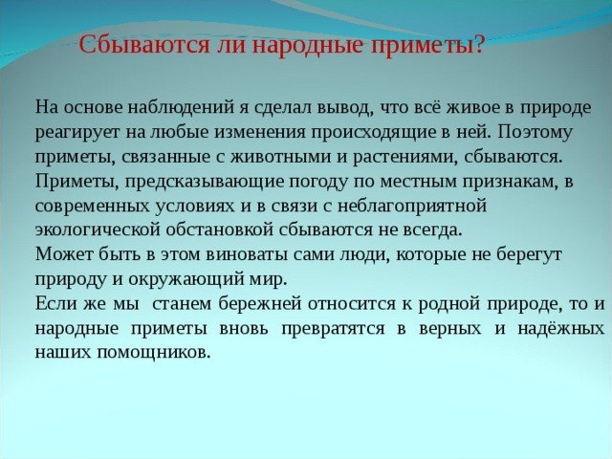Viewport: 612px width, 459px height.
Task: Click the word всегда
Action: (x=431, y=229)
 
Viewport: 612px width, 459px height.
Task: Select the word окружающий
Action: (x=190, y=279)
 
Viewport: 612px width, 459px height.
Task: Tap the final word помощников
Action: (x=143, y=353)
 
